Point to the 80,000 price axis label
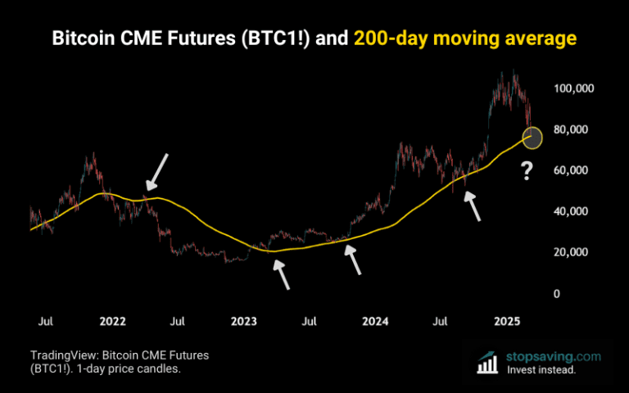click(573, 129)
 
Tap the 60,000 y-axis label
click(573, 170)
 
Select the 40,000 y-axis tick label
click(573, 211)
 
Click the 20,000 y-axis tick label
click(573, 252)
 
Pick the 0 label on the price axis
click(557, 293)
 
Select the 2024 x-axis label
click(375, 321)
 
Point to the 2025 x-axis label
click(509, 321)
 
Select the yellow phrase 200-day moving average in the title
click(465, 38)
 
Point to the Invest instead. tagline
click(541, 370)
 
